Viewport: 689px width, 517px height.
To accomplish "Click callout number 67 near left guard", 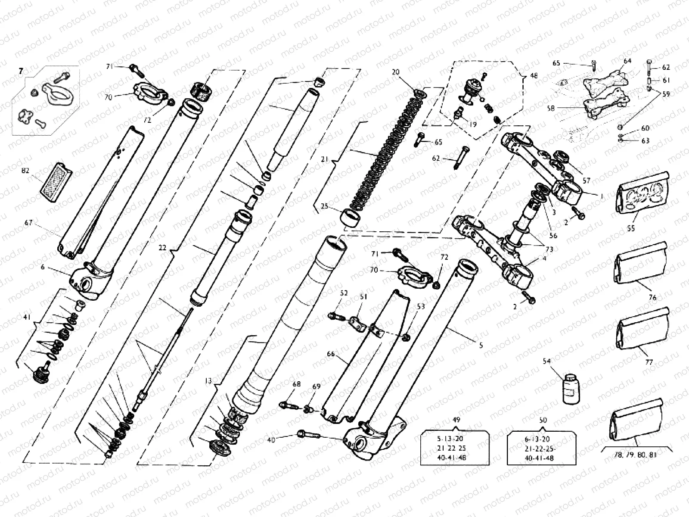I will click(x=28, y=223).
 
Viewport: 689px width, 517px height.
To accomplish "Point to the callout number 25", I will click(x=324, y=206).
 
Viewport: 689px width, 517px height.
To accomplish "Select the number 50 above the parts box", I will click(x=543, y=420).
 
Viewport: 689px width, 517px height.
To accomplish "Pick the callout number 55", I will click(x=631, y=229).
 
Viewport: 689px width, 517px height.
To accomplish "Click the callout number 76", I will click(x=652, y=297).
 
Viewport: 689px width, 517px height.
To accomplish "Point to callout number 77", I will click(x=649, y=362).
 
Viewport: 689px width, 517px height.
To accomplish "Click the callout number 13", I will click(x=208, y=380).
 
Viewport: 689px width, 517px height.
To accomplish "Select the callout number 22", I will click(x=162, y=248).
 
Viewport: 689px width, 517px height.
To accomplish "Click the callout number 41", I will click(x=27, y=318).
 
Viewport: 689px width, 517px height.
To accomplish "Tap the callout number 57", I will click(x=587, y=181).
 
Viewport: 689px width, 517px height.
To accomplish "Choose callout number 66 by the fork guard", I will click(x=331, y=354).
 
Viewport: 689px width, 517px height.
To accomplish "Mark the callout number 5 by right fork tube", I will click(x=481, y=345).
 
